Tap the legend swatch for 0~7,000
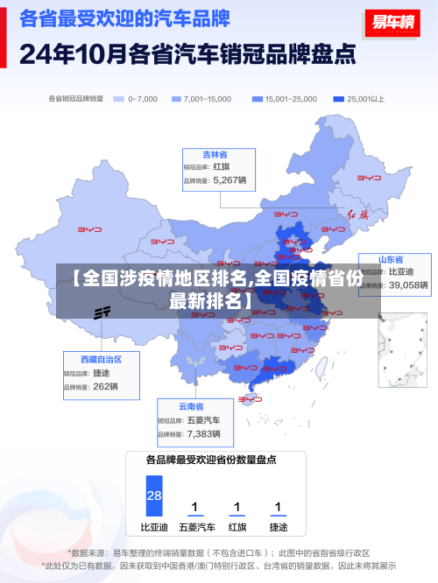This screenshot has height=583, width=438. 119,99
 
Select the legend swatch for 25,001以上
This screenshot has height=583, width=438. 338,99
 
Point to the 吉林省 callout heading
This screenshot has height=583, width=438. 215,154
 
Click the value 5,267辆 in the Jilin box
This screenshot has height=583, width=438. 230,180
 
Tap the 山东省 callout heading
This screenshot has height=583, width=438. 390,259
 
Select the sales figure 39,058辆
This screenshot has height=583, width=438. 408,284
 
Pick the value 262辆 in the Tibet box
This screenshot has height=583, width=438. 105,386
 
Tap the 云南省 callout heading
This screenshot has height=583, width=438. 191,407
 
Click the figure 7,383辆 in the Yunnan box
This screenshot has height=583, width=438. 204,433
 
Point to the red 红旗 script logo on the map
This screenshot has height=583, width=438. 359,214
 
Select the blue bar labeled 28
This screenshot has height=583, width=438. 154,496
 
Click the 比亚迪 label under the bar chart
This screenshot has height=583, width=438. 154,528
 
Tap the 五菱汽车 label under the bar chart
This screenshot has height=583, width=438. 196,528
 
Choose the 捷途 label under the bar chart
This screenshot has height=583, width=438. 278,528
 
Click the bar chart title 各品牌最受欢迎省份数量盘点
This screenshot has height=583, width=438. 211,460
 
